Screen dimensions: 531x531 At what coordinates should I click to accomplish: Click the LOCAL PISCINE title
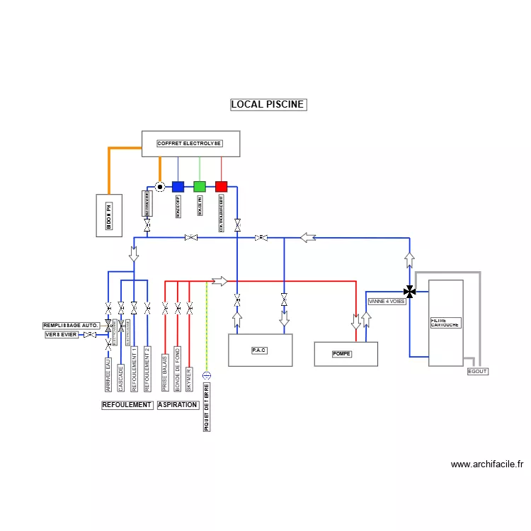tap(268, 105)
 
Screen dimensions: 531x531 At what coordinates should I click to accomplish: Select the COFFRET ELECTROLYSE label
tap(190, 144)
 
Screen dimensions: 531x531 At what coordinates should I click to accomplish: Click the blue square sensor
tap(178, 187)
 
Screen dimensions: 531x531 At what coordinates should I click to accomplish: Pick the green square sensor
tap(200, 187)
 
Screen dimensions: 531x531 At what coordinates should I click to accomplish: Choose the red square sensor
tap(221, 187)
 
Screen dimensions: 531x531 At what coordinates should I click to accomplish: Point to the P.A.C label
tap(260, 350)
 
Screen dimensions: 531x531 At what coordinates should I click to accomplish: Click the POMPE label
tap(342, 354)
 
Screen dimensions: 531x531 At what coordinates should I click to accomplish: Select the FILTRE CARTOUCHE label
tap(445, 323)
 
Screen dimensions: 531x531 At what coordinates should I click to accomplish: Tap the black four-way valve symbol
tap(409, 290)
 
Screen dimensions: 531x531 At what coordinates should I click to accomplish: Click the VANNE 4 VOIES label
tap(387, 302)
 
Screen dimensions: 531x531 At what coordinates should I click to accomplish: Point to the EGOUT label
tap(478, 371)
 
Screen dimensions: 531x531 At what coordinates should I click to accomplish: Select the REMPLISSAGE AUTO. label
tap(71, 326)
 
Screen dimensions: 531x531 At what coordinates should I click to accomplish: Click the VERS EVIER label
tap(62, 335)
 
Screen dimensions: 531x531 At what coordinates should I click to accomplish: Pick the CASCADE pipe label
tap(121, 378)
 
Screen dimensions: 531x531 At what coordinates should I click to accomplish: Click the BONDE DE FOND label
tap(178, 369)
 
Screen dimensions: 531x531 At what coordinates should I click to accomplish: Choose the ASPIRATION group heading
tap(178, 405)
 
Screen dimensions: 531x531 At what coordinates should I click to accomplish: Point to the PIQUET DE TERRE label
tap(207, 408)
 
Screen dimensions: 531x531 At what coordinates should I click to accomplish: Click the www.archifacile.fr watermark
tap(487, 464)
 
